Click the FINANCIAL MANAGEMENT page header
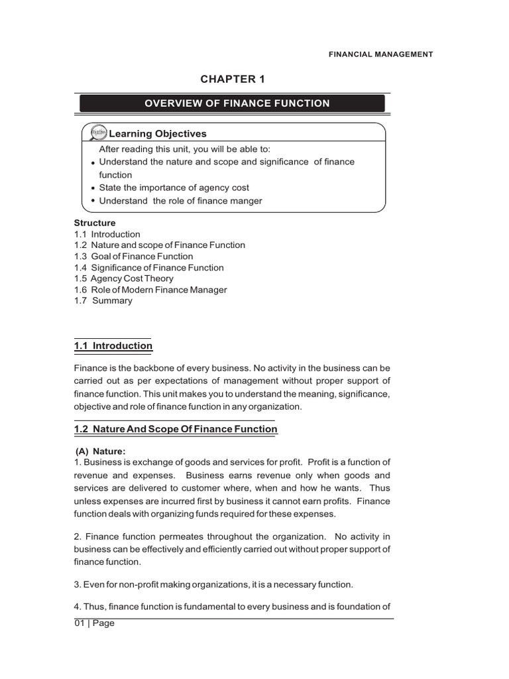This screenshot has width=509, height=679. point(380,54)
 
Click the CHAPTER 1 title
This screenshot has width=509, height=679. point(232,80)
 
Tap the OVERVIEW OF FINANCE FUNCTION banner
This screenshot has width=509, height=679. point(232,103)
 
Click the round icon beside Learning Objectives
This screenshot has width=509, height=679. point(97,133)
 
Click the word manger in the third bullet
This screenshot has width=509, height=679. point(246,201)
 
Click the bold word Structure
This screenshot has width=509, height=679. point(94,223)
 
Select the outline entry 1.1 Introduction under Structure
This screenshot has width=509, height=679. point(107,234)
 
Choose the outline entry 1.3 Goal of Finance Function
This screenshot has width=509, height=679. point(134,257)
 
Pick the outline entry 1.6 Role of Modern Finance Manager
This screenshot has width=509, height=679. point(150,290)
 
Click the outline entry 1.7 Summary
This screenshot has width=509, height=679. point(103,301)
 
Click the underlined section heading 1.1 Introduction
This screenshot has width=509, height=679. point(113,346)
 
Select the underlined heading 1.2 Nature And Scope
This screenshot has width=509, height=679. point(176,430)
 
